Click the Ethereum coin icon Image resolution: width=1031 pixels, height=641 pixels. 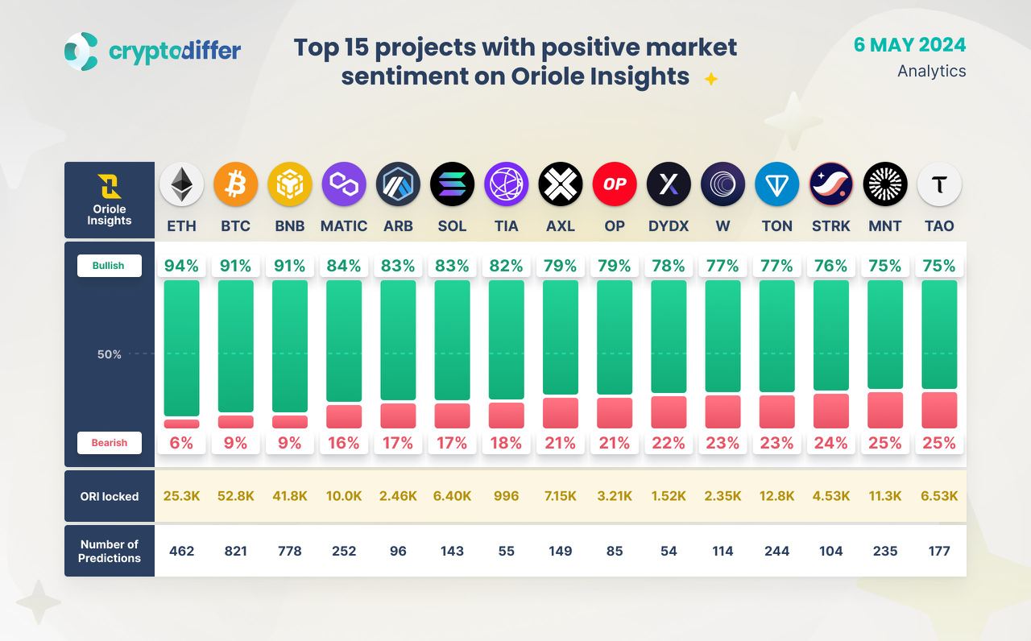pyautogui.click(x=181, y=184)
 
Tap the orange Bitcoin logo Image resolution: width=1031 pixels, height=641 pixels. pyautogui.click(x=235, y=184)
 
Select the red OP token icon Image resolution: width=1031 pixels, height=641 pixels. pyautogui.click(x=615, y=184)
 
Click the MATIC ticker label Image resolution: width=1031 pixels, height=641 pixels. pyautogui.click(x=344, y=226)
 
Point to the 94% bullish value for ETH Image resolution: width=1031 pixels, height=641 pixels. pyautogui.click(x=181, y=266)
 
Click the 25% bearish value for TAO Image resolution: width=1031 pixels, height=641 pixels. pyautogui.click(x=939, y=443)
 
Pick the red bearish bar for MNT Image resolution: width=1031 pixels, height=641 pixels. pyautogui.click(x=885, y=410)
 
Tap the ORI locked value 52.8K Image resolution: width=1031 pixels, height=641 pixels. pyautogui.click(x=235, y=496)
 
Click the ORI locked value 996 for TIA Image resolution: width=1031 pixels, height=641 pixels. pyautogui.click(x=506, y=496)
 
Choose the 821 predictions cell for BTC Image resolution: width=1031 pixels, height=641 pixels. pyautogui.click(x=235, y=551)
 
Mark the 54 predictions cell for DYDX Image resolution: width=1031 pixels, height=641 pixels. pyautogui.click(x=669, y=551)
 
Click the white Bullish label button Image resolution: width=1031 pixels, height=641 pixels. pyautogui.click(x=109, y=266)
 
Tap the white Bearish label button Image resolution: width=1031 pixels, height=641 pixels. pyautogui.click(x=109, y=443)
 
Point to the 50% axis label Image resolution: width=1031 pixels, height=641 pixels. pyautogui.click(x=109, y=354)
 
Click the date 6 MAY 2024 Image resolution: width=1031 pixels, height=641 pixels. pyautogui.click(x=909, y=45)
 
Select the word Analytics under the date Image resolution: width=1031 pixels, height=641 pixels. pyautogui.click(x=932, y=71)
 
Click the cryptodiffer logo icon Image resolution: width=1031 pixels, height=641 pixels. pyautogui.click(x=81, y=50)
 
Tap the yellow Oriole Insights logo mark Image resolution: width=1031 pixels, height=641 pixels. pyautogui.click(x=109, y=186)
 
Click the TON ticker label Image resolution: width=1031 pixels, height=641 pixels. pyautogui.click(x=776, y=226)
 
